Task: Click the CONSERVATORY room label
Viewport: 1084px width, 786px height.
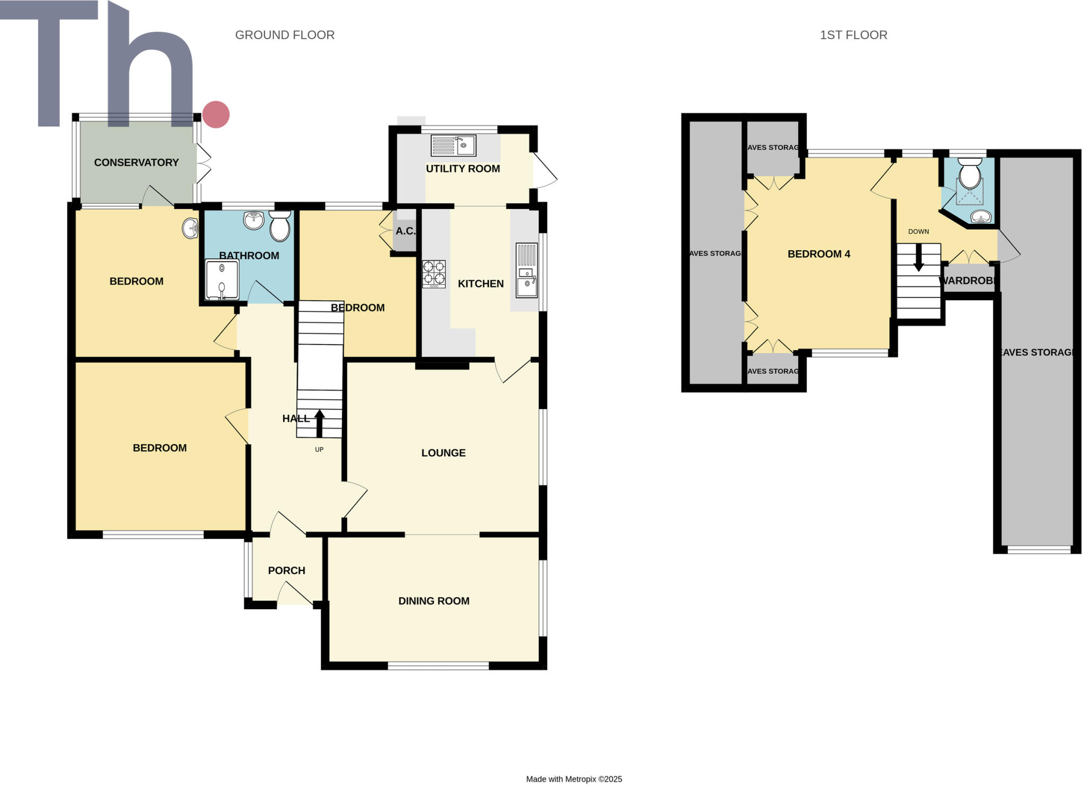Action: (136, 162)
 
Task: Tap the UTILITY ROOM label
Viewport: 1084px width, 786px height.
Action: (463, 168)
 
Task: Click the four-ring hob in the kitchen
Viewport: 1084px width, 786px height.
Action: (433, 274)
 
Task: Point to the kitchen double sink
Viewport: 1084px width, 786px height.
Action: (527, 277)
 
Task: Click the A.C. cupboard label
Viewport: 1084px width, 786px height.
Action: (405, 231)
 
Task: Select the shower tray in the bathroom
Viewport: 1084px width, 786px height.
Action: (222, 279)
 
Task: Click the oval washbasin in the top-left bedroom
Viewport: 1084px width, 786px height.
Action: (191, 229)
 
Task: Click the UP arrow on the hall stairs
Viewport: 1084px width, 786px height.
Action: (320, 423)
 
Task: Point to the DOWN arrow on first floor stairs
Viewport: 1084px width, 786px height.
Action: (919, 257)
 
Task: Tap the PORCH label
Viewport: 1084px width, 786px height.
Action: (286, 571)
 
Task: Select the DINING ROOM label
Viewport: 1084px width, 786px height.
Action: (433, 601)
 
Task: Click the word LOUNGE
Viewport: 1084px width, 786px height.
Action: (443, 453)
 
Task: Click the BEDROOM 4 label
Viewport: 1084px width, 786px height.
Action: (819, 254)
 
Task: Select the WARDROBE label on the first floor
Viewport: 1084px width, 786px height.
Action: (968, 281)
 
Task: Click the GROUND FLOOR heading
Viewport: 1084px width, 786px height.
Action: (284, 35)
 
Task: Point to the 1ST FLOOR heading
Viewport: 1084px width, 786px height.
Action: (853, 35)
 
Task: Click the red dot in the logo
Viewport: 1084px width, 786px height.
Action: (215, 114)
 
